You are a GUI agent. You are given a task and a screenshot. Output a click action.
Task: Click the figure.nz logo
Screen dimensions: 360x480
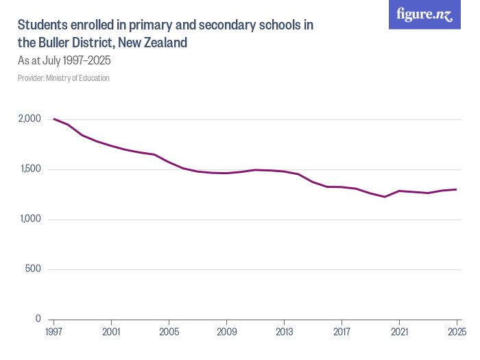click(x=424, y=15)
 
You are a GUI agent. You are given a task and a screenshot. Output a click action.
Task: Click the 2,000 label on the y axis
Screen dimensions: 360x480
click(x=29, y=119)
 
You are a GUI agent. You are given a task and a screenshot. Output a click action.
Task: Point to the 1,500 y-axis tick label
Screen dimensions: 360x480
click(x=29, y=169)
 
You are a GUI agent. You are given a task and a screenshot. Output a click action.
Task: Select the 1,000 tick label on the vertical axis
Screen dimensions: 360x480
click(x=29, y=219)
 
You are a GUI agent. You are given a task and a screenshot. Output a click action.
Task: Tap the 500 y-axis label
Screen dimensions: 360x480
click(x=34, y=269)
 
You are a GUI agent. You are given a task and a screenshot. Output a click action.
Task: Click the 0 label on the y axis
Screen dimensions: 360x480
click(x=38, y=320)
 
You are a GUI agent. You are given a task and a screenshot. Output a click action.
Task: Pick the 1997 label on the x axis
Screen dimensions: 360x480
click(x=53, y=333)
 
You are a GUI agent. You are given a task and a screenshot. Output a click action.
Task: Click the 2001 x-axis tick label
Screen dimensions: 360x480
click(x=110, y=333)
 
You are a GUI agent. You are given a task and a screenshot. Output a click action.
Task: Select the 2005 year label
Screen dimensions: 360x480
click(x=169, y=333)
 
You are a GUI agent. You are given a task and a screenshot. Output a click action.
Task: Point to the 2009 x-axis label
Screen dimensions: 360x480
click(x=226, y=333)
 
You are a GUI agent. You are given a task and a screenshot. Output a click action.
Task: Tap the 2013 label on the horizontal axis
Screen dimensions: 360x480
click(x=284, y=333)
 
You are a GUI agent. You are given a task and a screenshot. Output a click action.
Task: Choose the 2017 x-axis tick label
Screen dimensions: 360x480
click(x=341, y=333)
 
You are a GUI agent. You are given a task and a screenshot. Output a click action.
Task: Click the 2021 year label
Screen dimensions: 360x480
click(x=399, y=333)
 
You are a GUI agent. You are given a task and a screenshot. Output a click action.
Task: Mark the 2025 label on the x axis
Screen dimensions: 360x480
click(x=457, y=333)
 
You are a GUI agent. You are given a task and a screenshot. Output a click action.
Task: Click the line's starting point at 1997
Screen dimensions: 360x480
click(x=53, y=119)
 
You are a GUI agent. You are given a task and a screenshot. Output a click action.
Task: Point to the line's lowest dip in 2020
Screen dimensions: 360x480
click(x=385, y=197)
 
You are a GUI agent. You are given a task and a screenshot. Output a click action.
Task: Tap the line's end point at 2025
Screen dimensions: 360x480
click(x=457, y=189)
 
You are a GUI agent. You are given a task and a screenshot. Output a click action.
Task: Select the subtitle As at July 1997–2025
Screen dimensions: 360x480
click(x=64, y=60)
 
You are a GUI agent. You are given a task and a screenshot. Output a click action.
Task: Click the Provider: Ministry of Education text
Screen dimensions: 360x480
click(x=64, y=78)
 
